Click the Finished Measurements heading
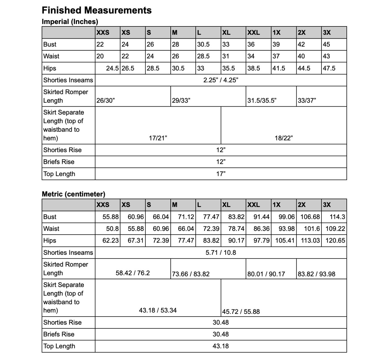pos(96,10)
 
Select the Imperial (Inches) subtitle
pos(70,22)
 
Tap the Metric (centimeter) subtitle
pos(73,194)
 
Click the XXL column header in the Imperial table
pos(253,32)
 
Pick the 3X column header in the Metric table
pos(327,205)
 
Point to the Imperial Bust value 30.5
pos(203,44)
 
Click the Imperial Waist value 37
pos(276,56)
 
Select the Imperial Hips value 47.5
pos(329,68)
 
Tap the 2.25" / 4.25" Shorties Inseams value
pos(221,80)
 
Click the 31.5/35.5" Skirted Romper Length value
pos(262,100)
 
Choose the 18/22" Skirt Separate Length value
pos(284,138)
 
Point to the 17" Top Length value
pos(221,174)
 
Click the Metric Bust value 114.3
pos(337,217)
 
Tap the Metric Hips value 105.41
pos(285,241)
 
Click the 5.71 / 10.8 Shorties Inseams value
pos(221,253)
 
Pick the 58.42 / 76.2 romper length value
pos(133,273)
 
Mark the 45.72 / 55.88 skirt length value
pos(241,312)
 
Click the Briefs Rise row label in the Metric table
pos(59,334)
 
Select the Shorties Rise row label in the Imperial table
pos(62,150)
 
